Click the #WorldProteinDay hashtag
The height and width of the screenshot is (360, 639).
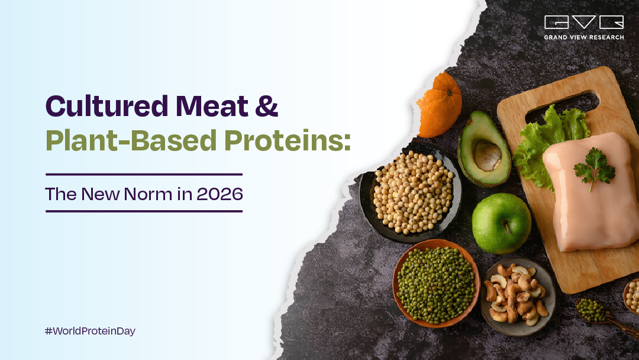(90, 331)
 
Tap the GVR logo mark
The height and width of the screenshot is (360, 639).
(583, 23)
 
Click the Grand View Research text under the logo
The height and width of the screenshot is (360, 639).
(583, 37)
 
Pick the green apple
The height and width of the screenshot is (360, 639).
(501, 223)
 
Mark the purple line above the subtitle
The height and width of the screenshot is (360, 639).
(144, 175)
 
